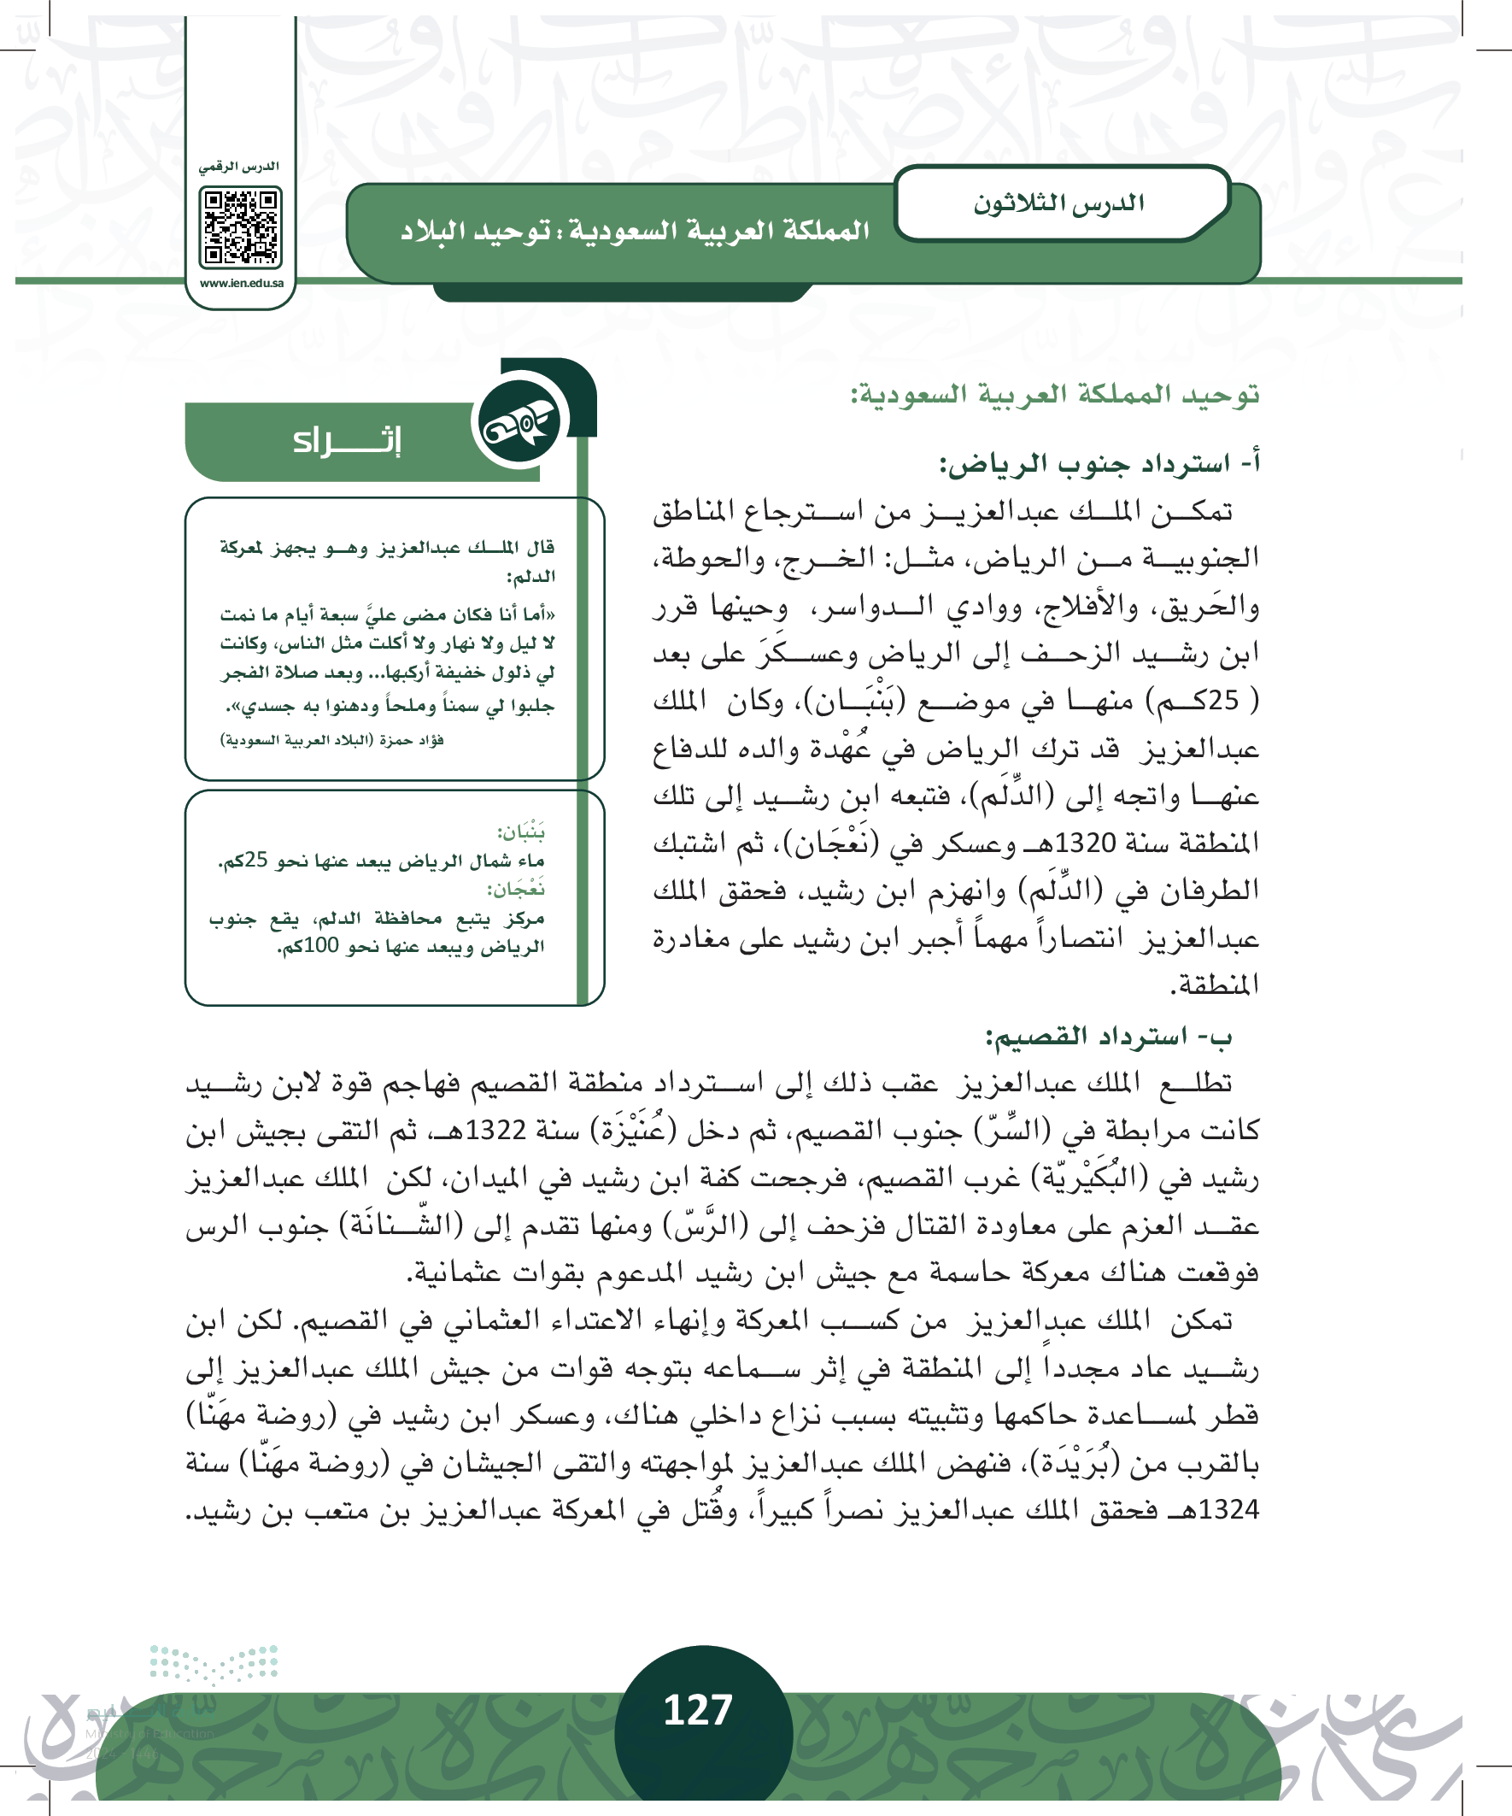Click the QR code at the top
[240, 228]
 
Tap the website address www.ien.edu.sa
[241, 284]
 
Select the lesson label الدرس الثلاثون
[1058, 204]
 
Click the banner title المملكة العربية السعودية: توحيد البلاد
[635, 232]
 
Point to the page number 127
[698, 1710]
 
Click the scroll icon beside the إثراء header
[519, 421]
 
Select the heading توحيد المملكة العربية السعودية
[1055, 395]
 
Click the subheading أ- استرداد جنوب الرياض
[1099, 464]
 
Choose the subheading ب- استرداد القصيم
[1108, 1035]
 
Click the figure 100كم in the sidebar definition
[314, 947]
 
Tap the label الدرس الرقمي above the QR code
[239, 166]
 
